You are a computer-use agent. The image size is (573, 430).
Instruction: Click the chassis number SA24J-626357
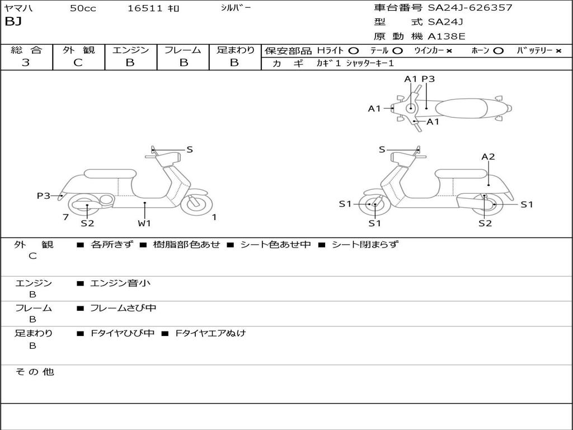click(470, 8)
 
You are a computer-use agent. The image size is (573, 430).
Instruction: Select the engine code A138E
click(447, 36)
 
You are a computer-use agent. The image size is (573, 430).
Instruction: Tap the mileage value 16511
click(144, 8)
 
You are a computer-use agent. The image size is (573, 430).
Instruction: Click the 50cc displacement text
click(83, 8)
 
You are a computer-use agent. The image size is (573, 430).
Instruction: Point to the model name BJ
click(13, 22)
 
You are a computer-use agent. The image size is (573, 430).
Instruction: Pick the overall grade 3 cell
click(26, 63)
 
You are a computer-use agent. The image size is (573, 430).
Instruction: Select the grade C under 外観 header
click(78, 63)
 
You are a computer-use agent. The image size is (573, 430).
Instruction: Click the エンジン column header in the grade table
click(130, 50)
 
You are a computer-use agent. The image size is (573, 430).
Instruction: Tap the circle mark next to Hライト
click(353, 50)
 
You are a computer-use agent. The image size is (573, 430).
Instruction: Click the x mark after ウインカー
click(449, 50)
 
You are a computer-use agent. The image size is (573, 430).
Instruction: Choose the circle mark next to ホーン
click(498, 50)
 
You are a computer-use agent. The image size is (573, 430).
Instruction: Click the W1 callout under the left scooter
click(144, 223)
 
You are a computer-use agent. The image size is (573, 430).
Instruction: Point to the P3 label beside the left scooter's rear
click(44, 195)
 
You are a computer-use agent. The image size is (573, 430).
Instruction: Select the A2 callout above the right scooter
click(488, 157)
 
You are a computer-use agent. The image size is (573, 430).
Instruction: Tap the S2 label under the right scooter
click(485, 223)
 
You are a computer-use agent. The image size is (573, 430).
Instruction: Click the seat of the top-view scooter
click(464, 107)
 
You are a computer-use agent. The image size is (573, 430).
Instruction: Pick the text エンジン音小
click(120, 283)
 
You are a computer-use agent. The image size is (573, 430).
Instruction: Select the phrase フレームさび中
click(123, 308)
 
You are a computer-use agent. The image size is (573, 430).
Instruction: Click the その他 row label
click(34, 372)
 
